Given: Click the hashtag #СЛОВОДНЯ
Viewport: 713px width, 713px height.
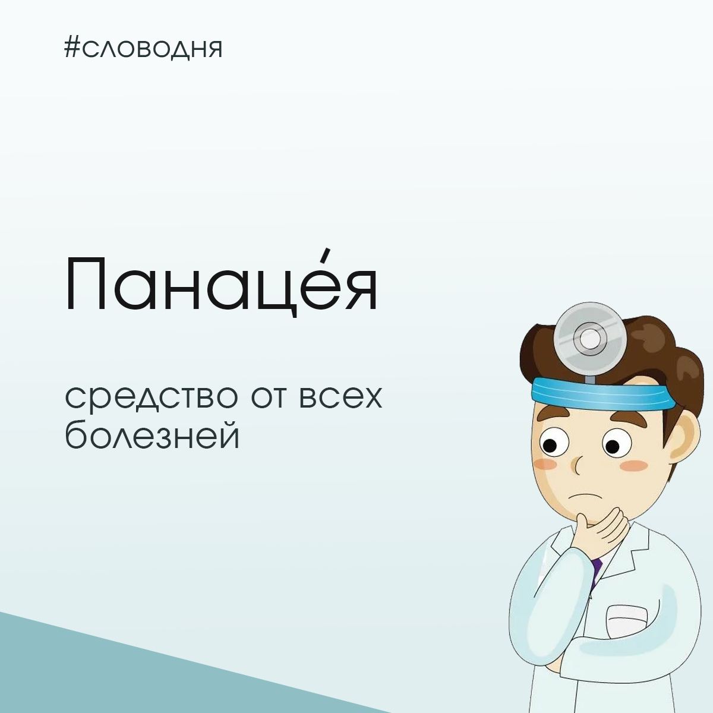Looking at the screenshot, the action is [143, 48].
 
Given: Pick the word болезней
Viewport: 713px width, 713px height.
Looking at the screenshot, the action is [152, 435].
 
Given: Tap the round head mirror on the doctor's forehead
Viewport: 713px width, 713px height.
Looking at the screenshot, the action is [590, 340].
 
